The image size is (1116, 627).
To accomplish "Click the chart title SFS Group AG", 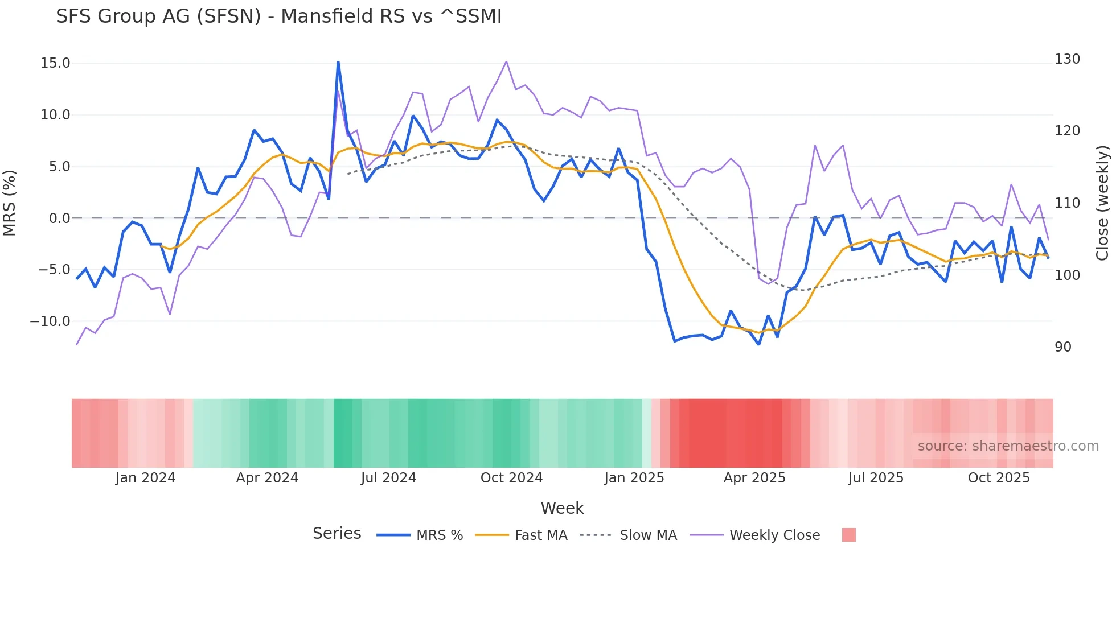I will click(x=278, y=16).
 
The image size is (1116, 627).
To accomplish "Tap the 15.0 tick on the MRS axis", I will click(x=55, y=63).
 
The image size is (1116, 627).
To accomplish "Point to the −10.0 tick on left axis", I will click(x=50, y=321).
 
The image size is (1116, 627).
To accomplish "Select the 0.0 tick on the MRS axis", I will click(x=59, y=218).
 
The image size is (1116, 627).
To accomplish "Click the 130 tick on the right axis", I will click(x=1067, y=59).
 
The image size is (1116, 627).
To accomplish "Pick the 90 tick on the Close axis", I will click(x=1063, y=347).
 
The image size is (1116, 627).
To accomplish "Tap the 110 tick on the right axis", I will click(x=1067, y=203).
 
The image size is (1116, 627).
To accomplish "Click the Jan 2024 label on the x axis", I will click(x=145, y=478).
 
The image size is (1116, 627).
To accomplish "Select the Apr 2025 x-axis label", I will click(x=754, y=478).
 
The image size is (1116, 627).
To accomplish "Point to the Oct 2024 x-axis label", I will click(x=511, y=478).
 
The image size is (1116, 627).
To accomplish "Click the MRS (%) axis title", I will click(x=10, y=203).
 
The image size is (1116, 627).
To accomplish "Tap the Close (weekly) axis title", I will click(x=1103, y=203).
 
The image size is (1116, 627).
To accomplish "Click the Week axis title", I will click(x=562, y=508).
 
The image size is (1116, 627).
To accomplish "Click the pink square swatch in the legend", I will click(x=848, y=535).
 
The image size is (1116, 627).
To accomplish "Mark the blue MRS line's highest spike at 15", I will click(x=338, y=62).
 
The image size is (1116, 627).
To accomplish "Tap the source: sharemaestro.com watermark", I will click(x=1008, y=446).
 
